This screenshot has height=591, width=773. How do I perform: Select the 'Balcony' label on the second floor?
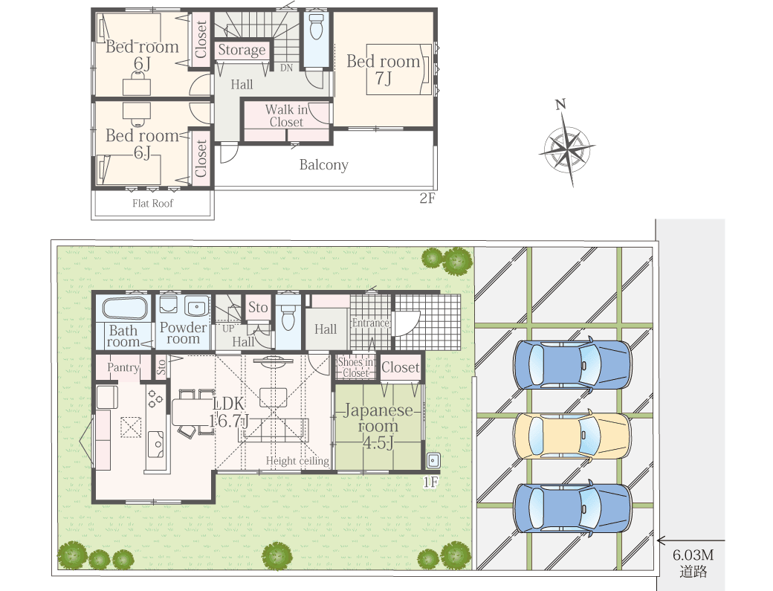coord(324,164)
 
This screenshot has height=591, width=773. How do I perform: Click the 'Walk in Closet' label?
coord(286,116)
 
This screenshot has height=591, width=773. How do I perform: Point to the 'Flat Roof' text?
coord(153,203)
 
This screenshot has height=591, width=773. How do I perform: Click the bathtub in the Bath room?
coord(125,308)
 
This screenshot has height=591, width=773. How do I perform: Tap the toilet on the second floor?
coord(316,26)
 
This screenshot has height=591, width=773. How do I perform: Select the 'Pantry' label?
coord(123,367)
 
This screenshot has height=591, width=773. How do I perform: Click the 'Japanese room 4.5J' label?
coord(378,427)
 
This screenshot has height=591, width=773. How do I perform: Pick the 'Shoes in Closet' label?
coord(356,368)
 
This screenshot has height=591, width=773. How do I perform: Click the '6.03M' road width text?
coord(693,555)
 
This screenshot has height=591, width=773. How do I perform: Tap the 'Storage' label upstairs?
coord(242,51)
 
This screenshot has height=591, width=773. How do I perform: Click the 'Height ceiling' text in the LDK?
coord(298,461)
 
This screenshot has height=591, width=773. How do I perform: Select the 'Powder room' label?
coord(183,333)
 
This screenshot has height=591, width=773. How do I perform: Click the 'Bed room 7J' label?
coord(384,69)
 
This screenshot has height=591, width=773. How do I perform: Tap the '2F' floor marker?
coord(427,198)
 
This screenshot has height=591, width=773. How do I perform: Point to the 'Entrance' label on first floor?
coord(371,323)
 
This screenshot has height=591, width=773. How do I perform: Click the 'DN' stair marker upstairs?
coord(286,68)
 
